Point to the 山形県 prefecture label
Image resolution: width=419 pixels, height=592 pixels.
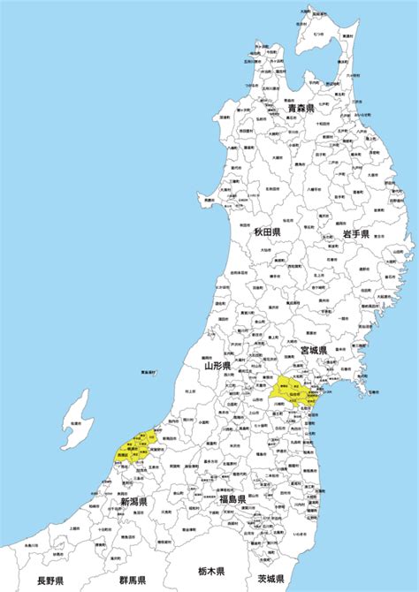coord(217,365)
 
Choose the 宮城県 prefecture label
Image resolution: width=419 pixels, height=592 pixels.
coord(314,351)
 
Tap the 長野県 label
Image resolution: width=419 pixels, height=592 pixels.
coord(52,581)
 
